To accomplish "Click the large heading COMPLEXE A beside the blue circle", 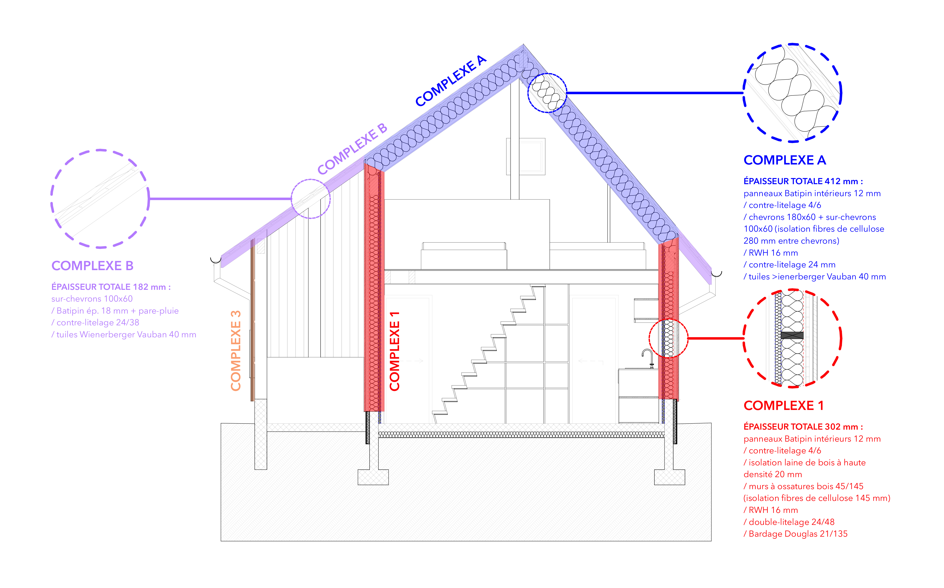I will [x=784, y=160].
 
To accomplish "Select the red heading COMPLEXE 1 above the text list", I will [x=783, y=406].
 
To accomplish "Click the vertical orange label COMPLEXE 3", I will [x=236, y=350].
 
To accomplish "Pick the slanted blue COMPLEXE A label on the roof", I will [x=450, y=81].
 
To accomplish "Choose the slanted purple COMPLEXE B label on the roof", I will [x=352, y=149].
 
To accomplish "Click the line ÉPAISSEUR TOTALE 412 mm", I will [x=803, y=181].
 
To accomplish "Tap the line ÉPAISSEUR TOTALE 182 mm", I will [x=111, y=287].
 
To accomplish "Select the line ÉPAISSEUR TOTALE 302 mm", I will [x=803, y=427].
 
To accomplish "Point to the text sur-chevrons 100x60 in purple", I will [x=92, y=299].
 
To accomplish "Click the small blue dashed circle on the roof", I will [x=547, y=93].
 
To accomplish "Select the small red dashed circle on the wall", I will [x=668, y=338].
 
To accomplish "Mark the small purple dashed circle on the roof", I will [x=311, y=199].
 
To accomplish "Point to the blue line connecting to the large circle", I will [x=653, y=93].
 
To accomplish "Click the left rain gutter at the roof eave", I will [x=215, y=260].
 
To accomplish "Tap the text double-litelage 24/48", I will [x=791, y=522].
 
